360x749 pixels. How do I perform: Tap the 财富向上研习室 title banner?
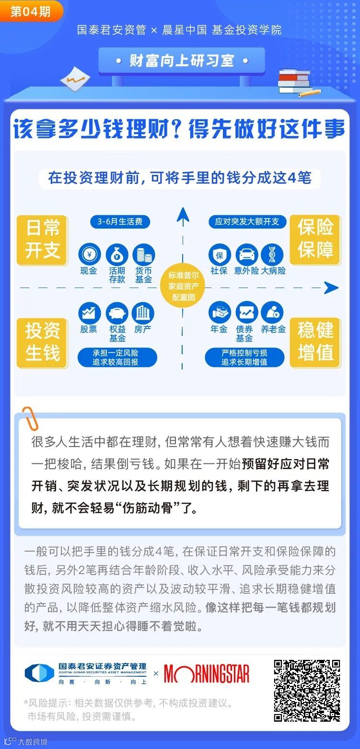pyautogui.click(x=182, y=61)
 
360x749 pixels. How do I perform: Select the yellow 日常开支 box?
pyautogui.click(x=42, y=240)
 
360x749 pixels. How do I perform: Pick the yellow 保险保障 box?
pyautogui.click(x=315, y=239)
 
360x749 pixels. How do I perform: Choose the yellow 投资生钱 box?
pyautogui.click(x=42, y=342)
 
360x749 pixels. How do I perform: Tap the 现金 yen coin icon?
pyautogui.click(x=89, y=254)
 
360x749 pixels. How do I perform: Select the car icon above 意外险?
pyautogui.click(x=246, y=254)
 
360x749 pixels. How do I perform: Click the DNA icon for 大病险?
pyautogui.click(x=272, y=254)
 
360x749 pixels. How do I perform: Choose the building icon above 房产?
pyautogui.click(x=143, y=313)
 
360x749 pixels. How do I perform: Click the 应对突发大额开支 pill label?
pyautogui.click(x=247, y=222)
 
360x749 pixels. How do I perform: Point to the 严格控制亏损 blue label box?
pyautogui.click(x=244, y=357)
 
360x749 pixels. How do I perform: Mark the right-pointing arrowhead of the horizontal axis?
pyautogui.click(x=331, y=288)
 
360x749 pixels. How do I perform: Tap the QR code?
pyautogui.click(x=307, y=691)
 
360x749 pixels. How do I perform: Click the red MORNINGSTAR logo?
pyautogui.click(x=207, y=674)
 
